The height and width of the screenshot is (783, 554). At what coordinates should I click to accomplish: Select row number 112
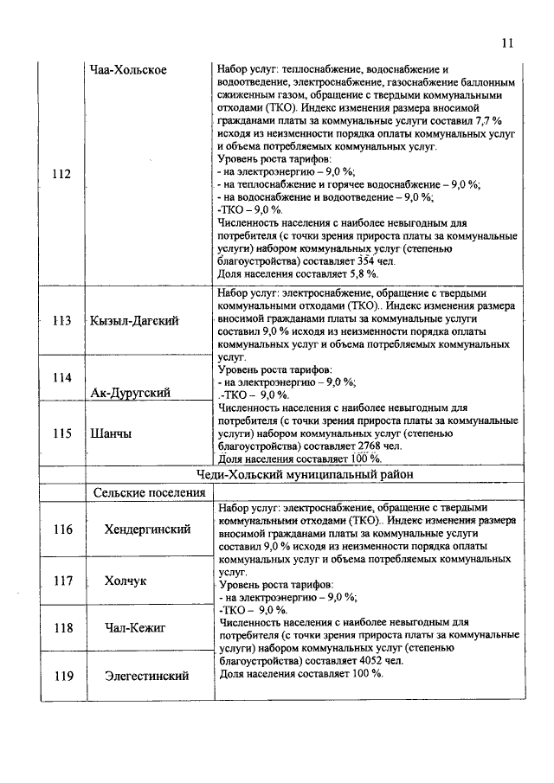(61, 174)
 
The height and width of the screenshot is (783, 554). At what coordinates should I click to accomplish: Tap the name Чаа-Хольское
(129, 69)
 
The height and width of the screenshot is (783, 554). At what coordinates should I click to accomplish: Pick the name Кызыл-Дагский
(134, 321)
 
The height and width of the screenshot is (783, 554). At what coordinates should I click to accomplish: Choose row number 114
(61, 377)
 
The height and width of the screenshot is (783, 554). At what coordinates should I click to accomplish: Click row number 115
(61, 433)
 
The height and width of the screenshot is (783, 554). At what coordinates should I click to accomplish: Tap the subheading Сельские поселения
(148, 492)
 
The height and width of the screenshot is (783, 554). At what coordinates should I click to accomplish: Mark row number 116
(61, 529)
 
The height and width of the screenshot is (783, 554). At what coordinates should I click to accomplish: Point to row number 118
(61, 627)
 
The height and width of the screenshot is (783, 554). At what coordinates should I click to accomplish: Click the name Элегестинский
(146, 676)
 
